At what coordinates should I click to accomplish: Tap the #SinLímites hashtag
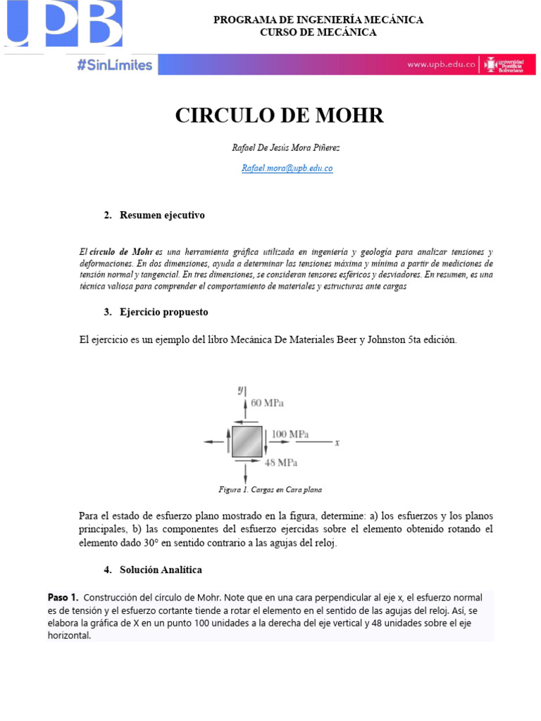pyautogui.click(x=114, y=65)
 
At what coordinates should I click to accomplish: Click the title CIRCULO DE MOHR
pyautogui.click(x=280, y=115)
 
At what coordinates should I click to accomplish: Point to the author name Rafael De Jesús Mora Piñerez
pyautogui.click(x=280, y=148)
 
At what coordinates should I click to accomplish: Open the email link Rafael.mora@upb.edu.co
pyautogui.click(x=287, y=168)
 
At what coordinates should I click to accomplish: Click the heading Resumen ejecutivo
pyautogui.click(x=162, y=215)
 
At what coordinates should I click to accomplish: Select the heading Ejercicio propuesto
pyautogui.click(x=163, y=312)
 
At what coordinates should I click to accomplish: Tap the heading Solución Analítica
pyautogui.click(x=161, y=569)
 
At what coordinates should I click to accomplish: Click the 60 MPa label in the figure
pyautogui.click(x=267, y=403)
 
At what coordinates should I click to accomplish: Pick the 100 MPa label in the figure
pyautogui.click(x=290, y=434)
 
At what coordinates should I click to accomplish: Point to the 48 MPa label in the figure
pyautogui.click(x=280, y=463)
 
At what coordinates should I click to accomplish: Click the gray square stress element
pyautogui.click(x=247, y=441)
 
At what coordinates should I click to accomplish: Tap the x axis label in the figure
pyautogui.click(x=337, y=443)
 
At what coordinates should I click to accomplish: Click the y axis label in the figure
pyautogui.click(x=240, y=389)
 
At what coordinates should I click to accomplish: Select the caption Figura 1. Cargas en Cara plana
pyautogui.click(x=270, y=489)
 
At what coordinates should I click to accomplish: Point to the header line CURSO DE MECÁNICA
pyautogui.click(x=318, y=32)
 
